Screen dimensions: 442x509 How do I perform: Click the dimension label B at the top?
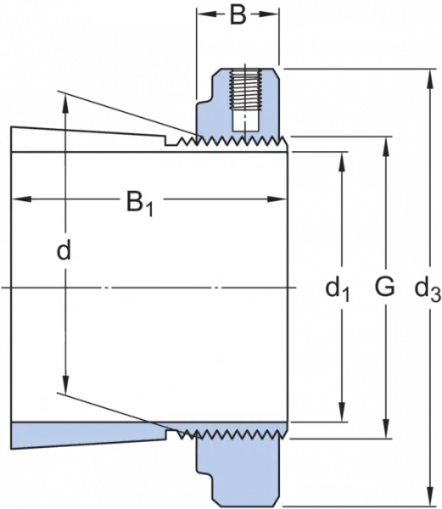point(238,15)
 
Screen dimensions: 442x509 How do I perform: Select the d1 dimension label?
point(338,289)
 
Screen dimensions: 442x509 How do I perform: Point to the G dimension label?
point(385,287)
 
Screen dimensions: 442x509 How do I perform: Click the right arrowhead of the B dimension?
point(269,14)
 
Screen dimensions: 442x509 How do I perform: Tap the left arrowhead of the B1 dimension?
point(21,199)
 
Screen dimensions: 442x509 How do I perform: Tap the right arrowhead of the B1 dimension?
point(277,199)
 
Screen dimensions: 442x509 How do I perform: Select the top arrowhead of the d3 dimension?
point(431,79)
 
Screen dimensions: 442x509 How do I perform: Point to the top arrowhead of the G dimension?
point(386,147)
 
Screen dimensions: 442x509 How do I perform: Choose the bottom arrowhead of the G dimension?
point(386,429)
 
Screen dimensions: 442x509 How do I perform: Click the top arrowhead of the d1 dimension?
point(341,162)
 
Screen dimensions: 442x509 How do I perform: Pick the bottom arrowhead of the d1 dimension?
point(341,412)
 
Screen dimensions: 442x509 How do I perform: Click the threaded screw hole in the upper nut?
point(245,89)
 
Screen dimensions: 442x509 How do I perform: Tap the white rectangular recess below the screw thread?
point(245,121)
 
